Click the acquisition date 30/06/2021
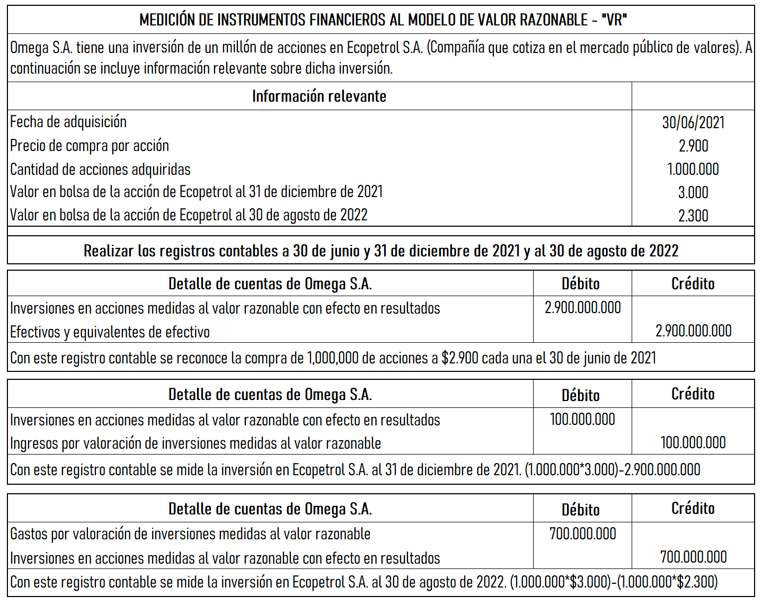pyautogui.click(x=693, y=123)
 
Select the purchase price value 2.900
pyautogui.click(x=693, y=146)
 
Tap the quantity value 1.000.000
pyautogui.click(x=693, y=170)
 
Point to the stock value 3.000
pyautogui.click(x=693, y=193)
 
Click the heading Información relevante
pyautogui.click(x=319, y=96)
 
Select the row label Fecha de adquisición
pyautogui.click(x=68, y=122)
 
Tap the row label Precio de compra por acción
pyautogui.click(x=90, y=146)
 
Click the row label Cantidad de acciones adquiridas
pyautogui.click(x=100, y=170)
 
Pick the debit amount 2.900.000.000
pyautogui.click(x=582, y=308)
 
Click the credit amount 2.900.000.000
pyautogui.click(x=693, y=331)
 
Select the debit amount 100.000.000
pyautogui.click(x=582, y=420)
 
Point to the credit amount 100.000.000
pyautogui.click(x=693, y=443)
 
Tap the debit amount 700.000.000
pyautogui.click(x=582, y=534)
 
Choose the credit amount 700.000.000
pyautogui.click(x=693, y=557)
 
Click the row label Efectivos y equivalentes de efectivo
pyautogui.click(x=110, y=332)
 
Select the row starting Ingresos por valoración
pyautogui.click(x=196, y=443)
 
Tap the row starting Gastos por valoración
pyautogui.click(x=190, y=534)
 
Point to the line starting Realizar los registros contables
pyautogui.click(x=380, y=251)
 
